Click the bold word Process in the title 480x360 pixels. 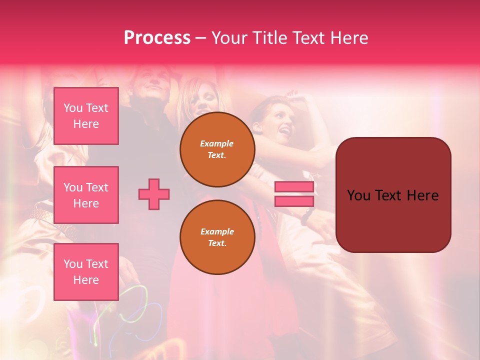tap(157, 38)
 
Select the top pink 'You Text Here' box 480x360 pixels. tap(86, 116)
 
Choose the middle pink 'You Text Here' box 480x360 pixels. tap(86, 195)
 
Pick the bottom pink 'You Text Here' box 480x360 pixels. tap(86, 272)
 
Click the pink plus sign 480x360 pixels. tap(154, 194)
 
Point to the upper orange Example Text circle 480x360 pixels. tap(217, 149)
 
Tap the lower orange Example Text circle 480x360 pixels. tap(217, 237)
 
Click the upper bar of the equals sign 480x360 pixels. tap(294, 187)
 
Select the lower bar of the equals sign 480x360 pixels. tap(294, 201)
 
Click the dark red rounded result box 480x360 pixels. tap(393, 220)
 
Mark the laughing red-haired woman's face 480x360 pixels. tap(280, 122)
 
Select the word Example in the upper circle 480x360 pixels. tap(217, 143)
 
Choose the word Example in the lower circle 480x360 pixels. tap(217, 231)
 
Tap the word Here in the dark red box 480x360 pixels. tap(422, 195)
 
